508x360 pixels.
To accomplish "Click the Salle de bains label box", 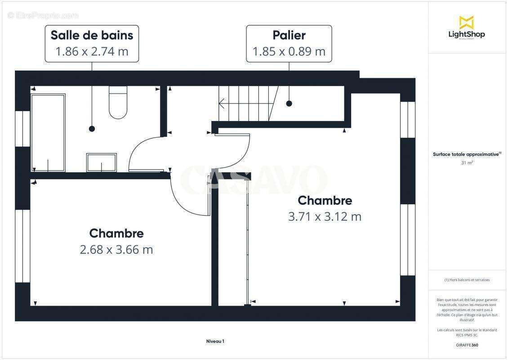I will coord(92,43).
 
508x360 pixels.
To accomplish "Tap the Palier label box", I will coord(289,43).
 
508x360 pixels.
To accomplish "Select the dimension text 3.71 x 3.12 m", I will coord(325,216).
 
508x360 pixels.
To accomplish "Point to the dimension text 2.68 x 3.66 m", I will coord(116,249).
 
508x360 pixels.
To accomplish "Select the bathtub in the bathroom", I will coord(48,132).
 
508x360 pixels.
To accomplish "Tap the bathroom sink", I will coord(102,162).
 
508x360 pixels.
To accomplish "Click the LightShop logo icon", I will coord(466,22).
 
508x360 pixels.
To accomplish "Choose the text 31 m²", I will coord(467,163).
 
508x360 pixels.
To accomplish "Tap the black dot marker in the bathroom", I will coord(92,129).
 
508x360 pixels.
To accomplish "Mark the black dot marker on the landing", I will coord(289,103).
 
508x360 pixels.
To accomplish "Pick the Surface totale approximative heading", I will coord(466,154).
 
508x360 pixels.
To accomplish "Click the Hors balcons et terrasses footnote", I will coord(467,280).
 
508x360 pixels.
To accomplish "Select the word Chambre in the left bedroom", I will coord(116,234).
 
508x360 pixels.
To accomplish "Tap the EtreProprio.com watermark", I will coord(43,15).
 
